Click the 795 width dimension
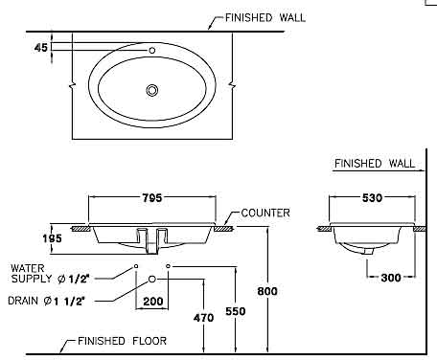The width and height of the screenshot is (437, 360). [152, 198]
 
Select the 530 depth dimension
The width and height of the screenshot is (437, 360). [372, 198]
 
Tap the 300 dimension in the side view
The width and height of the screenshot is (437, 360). [391, 278]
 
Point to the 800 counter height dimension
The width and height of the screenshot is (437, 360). [267, 291]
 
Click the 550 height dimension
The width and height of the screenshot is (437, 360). [236, 311]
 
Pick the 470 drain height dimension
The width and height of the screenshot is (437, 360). [203, 318]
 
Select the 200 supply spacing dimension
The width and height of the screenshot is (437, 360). [153, 301]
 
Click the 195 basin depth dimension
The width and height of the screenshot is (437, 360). [52, 238]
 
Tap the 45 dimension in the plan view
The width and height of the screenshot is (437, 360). [41, 48]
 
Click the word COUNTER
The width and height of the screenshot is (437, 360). [265, 213]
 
